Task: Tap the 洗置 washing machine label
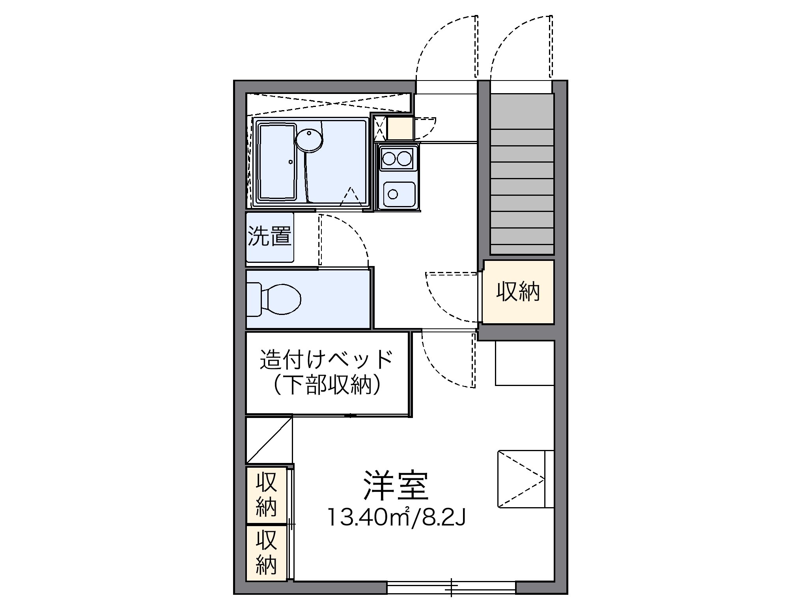[270, 236]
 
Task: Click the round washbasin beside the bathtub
[309, 140]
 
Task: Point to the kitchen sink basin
[399, 193]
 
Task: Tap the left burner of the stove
[389, 159]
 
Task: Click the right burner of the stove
[404, 159]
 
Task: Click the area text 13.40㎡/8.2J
[396, 517]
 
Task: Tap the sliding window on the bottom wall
[451, 587]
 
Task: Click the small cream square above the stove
[400, 128]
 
